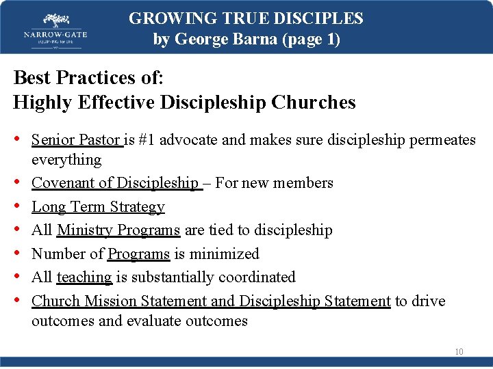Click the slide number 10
click(459, 352)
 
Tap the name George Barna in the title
click(220, 39)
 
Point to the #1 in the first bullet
click(146, 140)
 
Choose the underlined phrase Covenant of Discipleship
click(115, 183)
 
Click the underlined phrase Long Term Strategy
click(98, 206)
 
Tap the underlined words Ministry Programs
click(118, 230)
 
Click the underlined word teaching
click(84, 277)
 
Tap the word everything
click(66, 159)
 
